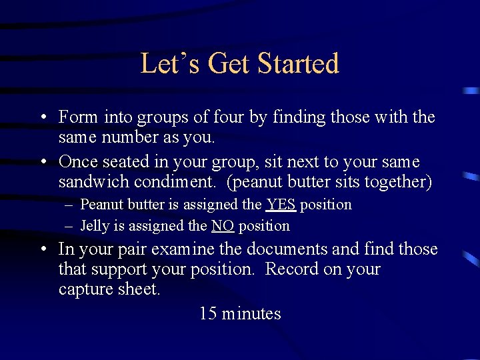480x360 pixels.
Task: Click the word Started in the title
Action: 298,64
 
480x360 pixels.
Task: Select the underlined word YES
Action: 281,205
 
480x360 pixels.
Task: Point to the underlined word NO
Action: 222,226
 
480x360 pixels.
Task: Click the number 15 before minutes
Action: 208,313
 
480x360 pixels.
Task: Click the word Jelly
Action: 94,226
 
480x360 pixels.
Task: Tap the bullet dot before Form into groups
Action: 43,118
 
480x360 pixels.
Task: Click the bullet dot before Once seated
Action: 43,162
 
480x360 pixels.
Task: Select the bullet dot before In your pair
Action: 43,250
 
